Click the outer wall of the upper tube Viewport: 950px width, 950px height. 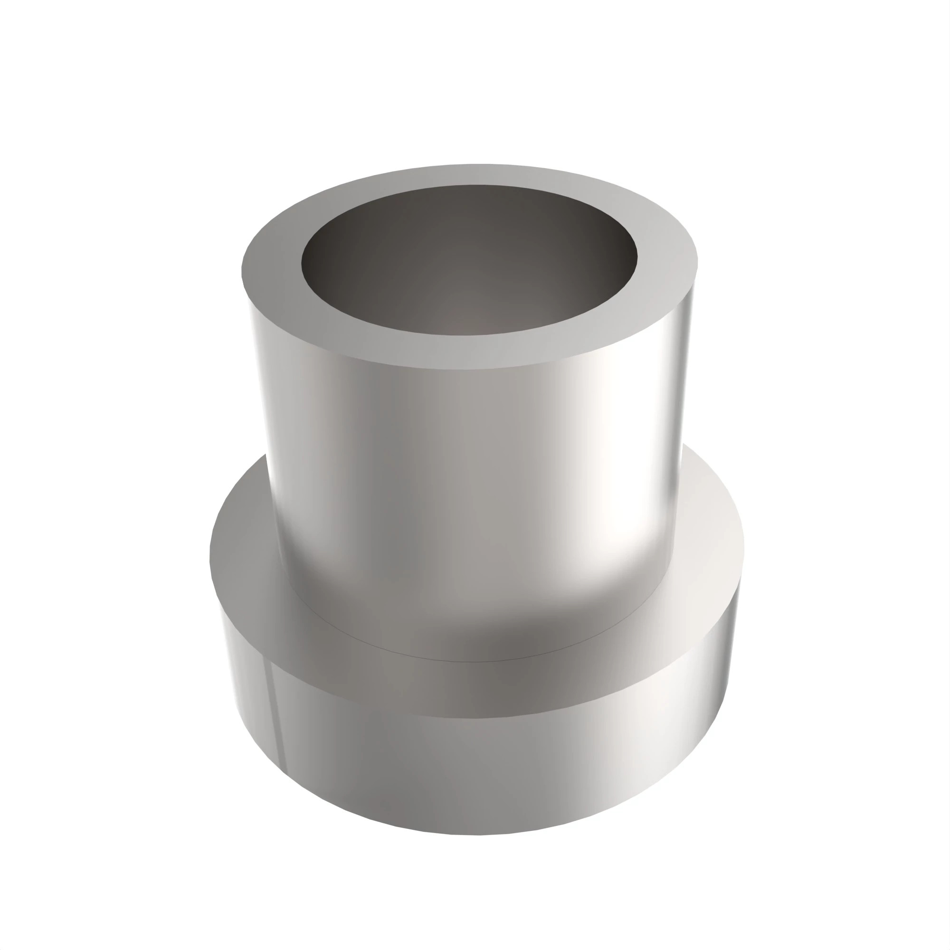(443, 467)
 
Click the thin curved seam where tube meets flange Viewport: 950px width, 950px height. (472, 661)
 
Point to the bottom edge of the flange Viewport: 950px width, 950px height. (472, 834)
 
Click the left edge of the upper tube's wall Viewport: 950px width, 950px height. (261, 418)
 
